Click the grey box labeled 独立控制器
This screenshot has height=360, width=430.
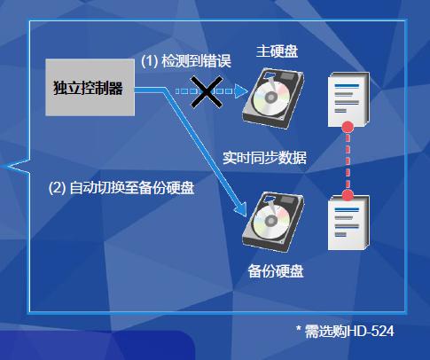click(x=90, y=87)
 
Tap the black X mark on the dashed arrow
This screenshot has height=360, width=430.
click(x=207, y=91)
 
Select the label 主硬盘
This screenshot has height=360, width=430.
click(x=277, y=51)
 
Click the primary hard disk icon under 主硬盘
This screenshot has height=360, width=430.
click(x=273, y=98)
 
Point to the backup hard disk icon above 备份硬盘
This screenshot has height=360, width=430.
click(x=273, y=223)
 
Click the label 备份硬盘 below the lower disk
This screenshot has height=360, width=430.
click(x=276, y=271)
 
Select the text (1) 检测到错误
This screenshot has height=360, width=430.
click(x=186, y=61)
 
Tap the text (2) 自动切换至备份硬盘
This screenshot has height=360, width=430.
click(x=121, y=188)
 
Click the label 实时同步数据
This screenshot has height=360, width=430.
click(x=264, y=158)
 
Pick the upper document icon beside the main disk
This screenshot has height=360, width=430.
click(x=348, y=99)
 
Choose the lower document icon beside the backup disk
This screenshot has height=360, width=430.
click(x=348, y=223)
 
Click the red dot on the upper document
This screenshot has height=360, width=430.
click(x=348, y=127)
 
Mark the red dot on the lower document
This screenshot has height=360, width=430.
click(x=348, y=195)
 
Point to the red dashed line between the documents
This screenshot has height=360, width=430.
click(x=348, y=161)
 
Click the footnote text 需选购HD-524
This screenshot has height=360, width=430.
click(x=349, y=331)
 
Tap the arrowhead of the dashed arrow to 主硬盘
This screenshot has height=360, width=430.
click(x=241, y=91)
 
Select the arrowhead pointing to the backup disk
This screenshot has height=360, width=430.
click(x=241, y=209)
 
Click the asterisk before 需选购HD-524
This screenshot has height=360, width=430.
click(x=299, y=328)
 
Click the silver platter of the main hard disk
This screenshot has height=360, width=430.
click(x=270, y=98)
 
